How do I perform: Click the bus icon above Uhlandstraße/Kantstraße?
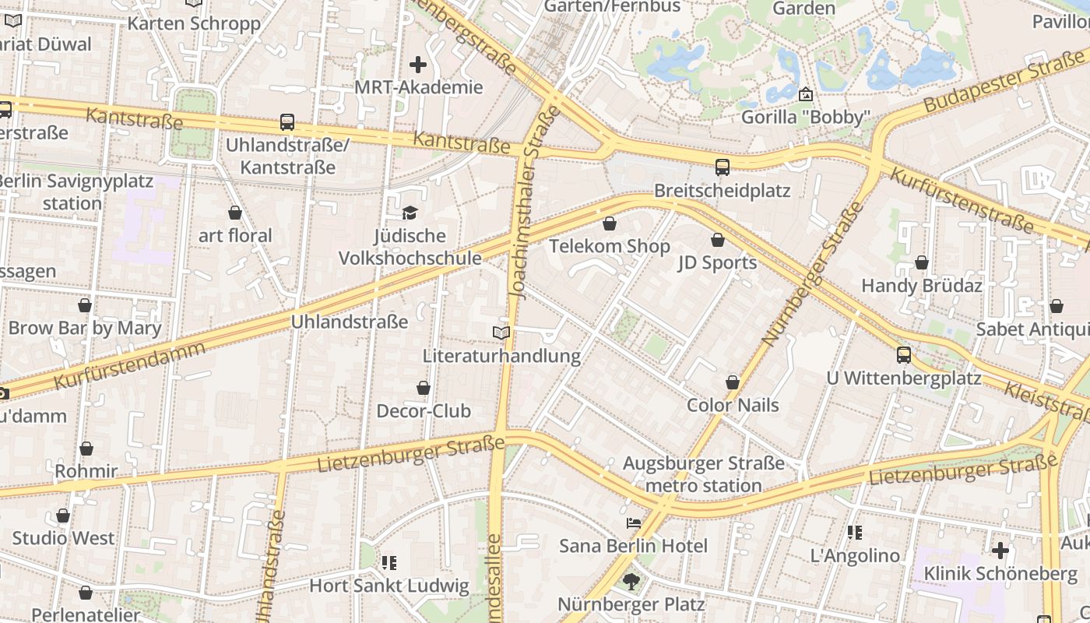pyautogui.click(x=287, y=122)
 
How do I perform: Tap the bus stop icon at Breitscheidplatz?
pyautogui.click(x=723, y=167)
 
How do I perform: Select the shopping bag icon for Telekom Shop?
pyautogui.click(x=610, y=224)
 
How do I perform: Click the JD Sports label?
pyautogui.click(x=717, y=262)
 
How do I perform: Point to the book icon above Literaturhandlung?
pyautogui.click(x=501, y=333)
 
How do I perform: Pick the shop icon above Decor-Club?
pyautogui.click(x=424, y=388)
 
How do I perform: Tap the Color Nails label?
pyautogui.click(x=732, y=405)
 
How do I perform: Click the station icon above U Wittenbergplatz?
pyautogui.click(x=903, y=355)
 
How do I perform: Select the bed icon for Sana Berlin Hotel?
pyautogui.click(x=633, y=523)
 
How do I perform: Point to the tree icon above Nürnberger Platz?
pyautogui.click(x=631, y=581)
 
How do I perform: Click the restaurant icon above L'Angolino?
pyautogui.click(x=855, y=533)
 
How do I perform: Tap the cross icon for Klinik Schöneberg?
pyautogui.click(x=1000, y=551)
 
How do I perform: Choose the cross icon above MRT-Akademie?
pyautogui.click(x=418, y=65)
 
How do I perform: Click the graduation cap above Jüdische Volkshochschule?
pyautogui.click(x=410, y=213)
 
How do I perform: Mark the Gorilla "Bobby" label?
pyautogui.click(x=805, y=117)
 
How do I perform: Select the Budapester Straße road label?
pyautogui.click(x=1004, y=79)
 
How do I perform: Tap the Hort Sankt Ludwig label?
pyautogui.click(x=389, y=586)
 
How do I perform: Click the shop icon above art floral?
pyautogui.click(x=235, y=213)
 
